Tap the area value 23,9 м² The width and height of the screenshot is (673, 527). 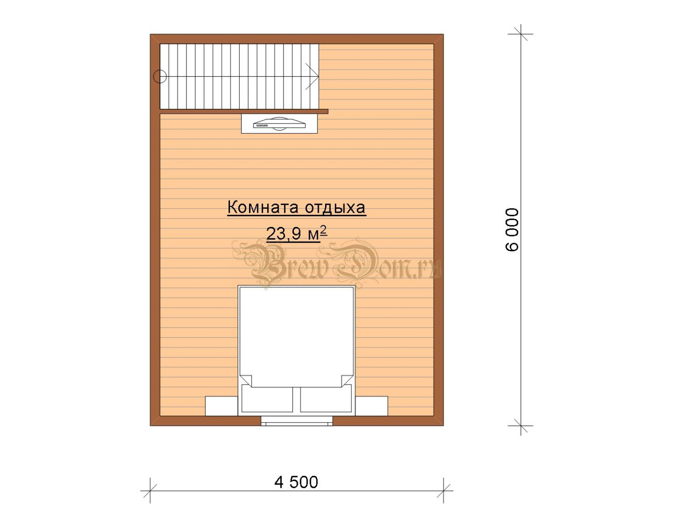pyautogui.click(x=297, y=233)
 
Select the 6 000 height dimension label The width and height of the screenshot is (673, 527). pyautogui.click(x=512, y=230)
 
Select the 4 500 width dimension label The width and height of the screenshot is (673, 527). pyautogui.click(x=296, y=482)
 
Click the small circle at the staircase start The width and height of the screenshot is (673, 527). pyautogui.click(x=160, y=76)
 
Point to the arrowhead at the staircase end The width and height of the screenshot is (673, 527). pyautogui.click(x=312, y=76)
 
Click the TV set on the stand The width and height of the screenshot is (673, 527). pyautogui.click(x=280, y=124)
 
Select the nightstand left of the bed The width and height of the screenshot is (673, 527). pyautogui.click(x=222, y=406)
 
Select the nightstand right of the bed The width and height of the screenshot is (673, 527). pyautogui.click(x=371, y=406)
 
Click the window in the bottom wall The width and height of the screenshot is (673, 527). pyautogui.click(x=297, y=421)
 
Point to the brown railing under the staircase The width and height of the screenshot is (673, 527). pyautogui.click(x=244, y=111)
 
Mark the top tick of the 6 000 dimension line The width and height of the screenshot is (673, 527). pyautogui.click(x=520, y=34)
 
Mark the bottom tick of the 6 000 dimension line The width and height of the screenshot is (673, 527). pyautogui.click(x=520, y=426)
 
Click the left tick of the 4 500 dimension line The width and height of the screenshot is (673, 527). pyautogui.click(x=150, y=491)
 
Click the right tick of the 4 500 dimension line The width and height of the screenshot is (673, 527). pyautogui.click(x=443, y=491)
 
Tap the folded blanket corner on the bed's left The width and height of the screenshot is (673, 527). pyautogui.click(x=246, y=381)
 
